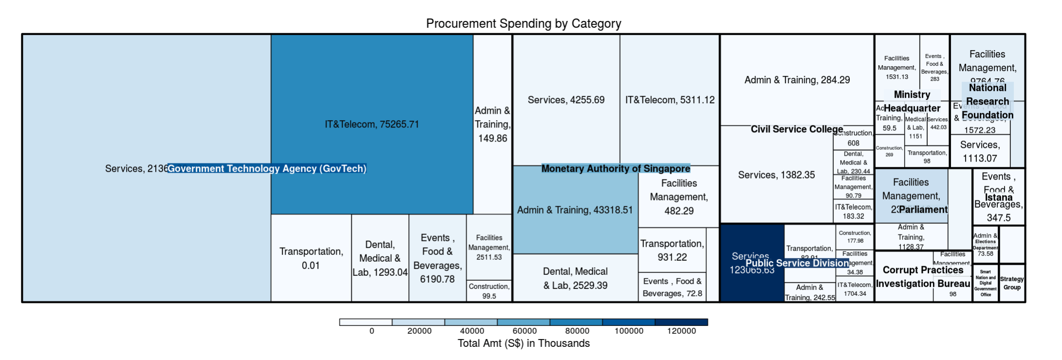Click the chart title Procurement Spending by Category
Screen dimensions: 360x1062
tap(523, 23)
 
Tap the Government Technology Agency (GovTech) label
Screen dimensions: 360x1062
tap(267, 169)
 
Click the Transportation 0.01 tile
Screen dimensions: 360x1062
tap(311, 258)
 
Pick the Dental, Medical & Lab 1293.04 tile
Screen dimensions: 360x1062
tap(380, 258)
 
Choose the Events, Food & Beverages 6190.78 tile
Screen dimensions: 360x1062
tap(437, 258)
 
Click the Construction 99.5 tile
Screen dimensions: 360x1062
tap(489, 291)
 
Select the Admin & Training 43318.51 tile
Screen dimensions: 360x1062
tap(575, 210)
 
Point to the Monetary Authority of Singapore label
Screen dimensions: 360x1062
tap(616, 169)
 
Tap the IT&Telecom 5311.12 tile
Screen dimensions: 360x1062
tap(670, 100)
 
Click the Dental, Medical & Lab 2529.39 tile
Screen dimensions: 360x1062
tap(575, 278)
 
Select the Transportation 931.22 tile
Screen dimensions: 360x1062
tap(672, 250)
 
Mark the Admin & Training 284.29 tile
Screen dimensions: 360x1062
tap(797, 80)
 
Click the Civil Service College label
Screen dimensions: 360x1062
tap(797, 129)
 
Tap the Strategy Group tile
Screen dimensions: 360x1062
tap(1011, 283)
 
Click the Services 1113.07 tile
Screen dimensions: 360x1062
tap(980, 151)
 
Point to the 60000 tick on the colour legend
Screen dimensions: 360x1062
tap(524, 331)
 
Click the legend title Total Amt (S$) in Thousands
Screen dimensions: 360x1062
tap(523, 343)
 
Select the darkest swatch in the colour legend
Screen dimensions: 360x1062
tap(681, 322)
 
